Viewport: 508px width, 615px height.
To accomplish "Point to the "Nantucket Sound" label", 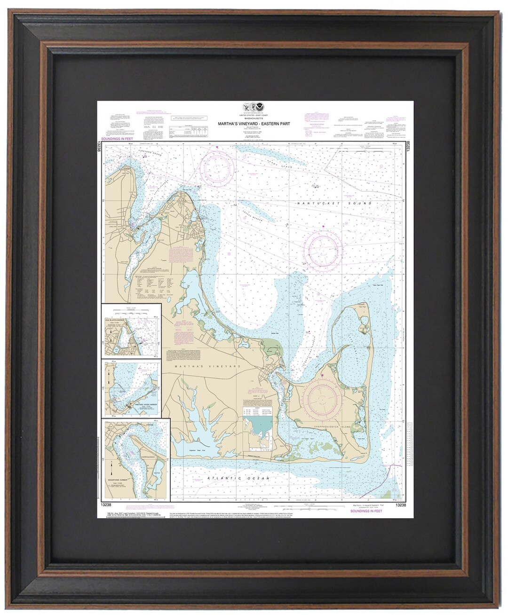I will (333, 203).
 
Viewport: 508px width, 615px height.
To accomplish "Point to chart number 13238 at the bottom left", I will (106, 505).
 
